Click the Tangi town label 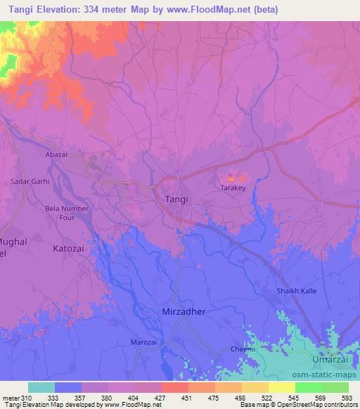click(x=176, y=200)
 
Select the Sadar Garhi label click(x=30, y=181)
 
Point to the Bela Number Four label click(x=66, y=213)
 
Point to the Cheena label click(x=243, y=349)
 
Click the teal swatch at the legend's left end click(x=41, y=387)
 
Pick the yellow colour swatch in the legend click(x=281, y=387)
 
